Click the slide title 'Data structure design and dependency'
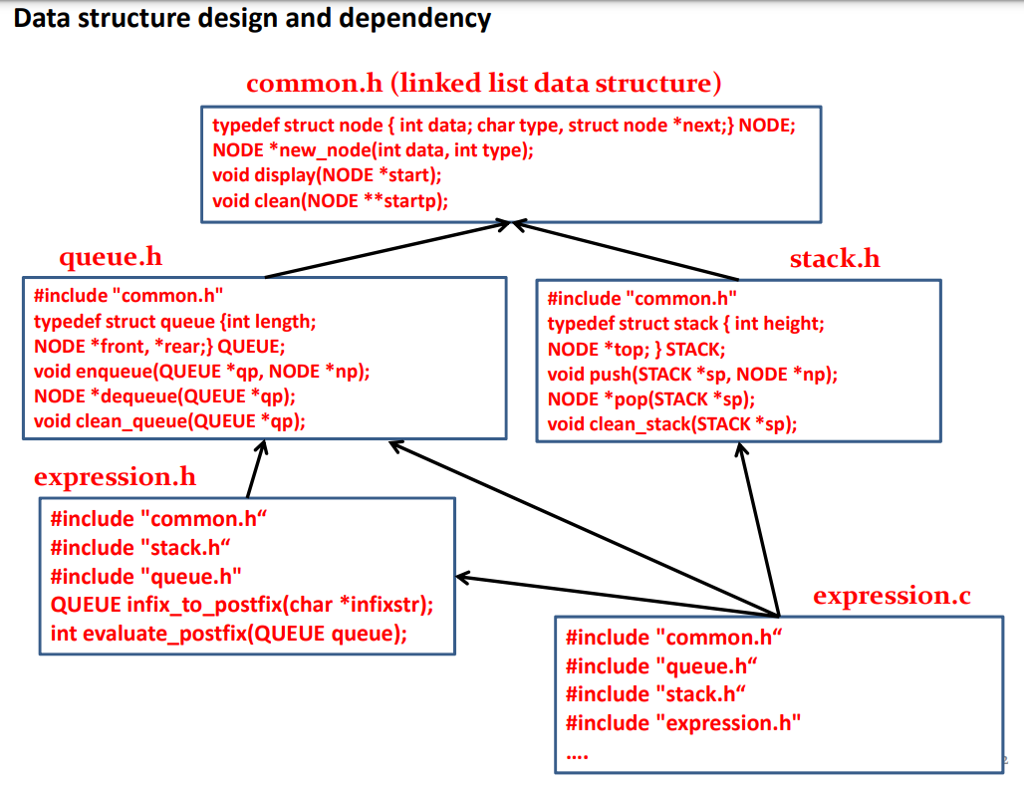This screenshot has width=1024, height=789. [253, 19]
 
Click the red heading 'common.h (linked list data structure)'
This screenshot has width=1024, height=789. [483, 83]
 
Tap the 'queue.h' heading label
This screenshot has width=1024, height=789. [111, 257]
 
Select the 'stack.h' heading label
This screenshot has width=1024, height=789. [835, 259]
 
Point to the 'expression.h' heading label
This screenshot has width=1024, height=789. [115, 476]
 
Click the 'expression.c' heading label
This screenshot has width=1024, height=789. [892, 596]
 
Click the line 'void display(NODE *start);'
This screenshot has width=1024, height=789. [327, 174]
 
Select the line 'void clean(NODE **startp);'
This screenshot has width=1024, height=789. [331, 200]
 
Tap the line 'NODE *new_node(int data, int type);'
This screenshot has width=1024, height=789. [374, 149]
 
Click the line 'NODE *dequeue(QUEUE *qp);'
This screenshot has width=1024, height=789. [164, 395]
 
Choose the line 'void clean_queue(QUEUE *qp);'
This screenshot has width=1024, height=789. [169, 420]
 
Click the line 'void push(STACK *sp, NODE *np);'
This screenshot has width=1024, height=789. [692, 375]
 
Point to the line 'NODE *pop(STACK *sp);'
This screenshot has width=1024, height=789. [651, 399]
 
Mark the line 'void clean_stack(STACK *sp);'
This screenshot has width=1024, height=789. [672, 425]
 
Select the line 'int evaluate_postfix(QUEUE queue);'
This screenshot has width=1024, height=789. [228, 634]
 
